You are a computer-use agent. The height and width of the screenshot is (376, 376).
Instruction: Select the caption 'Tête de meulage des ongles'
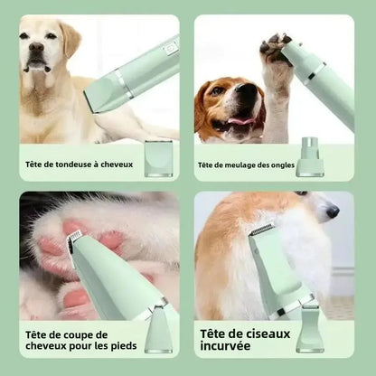click(x=245, y=164)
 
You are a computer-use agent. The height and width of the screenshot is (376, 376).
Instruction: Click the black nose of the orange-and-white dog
click(x=334, y=211)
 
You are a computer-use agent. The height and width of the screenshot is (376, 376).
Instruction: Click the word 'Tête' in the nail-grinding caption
click(x=205, y=164)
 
